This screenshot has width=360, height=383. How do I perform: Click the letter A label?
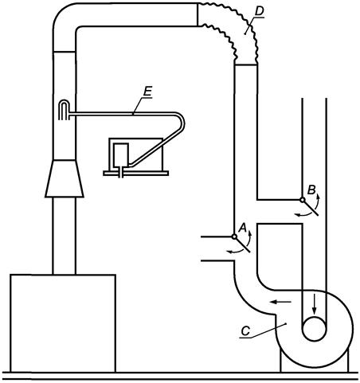click(x=243, y=228)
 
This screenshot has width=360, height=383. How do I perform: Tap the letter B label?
click(x=311, y=190)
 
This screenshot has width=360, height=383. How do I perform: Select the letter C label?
click(x=245, y=331)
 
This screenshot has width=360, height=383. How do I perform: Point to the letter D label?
click(x=259, y=11)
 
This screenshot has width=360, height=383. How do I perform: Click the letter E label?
click(x=147, y=92)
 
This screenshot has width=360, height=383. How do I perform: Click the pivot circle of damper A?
click(x=234, y=236)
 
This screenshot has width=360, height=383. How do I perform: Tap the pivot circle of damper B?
click(x=303, y=200)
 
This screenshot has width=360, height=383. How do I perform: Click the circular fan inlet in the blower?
click(x=314, y=329)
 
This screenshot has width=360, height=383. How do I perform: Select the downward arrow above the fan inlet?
click(x=315, y=304)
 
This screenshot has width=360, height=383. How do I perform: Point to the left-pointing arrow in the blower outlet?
click(x=280, y=302)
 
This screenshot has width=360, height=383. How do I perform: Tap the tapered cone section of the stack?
click(x=65, y=178)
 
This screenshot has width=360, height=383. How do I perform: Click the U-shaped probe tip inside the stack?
click(x=64, y=109)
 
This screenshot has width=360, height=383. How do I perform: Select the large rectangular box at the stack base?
click(x=63, y=323)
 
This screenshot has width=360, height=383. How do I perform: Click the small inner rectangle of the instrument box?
click(x=121, y=154)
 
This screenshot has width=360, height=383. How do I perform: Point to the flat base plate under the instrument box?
click(x=135, y=173)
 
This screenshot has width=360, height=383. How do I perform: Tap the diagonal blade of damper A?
click(x=242, y=244)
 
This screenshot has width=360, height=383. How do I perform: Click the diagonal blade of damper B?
click(x=311, y=208)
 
